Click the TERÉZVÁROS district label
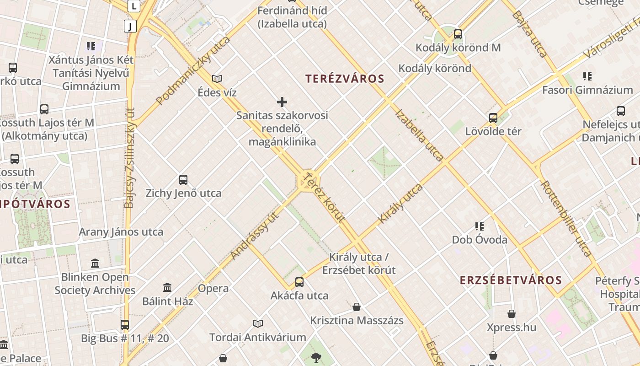click(x=345, y=79)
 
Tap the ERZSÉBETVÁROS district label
click(x=511, y=280)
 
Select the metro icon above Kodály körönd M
click(x=458, y=34)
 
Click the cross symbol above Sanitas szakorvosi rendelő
click(x=282, y=102)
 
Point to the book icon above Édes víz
click(x=217, y=79)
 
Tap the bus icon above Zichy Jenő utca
click(x=183, y=180)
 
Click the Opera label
click(x=213, y=289)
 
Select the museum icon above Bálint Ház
click(x=167, y=288)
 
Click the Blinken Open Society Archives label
click(x=95, y=284)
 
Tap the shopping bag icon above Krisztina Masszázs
click(x=357, y=307)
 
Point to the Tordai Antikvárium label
click(x=258, y=338)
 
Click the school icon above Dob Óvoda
click(x=480, y=226)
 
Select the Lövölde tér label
click(x=493, y=131)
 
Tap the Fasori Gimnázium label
click(x=587, y=90)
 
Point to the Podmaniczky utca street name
click(x=193, y=70)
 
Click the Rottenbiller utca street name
click(x=566, y=218)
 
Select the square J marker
click(x=130, y=26)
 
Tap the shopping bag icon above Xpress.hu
click(x=512, y=314)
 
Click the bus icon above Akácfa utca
click(x=299, y=282)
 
